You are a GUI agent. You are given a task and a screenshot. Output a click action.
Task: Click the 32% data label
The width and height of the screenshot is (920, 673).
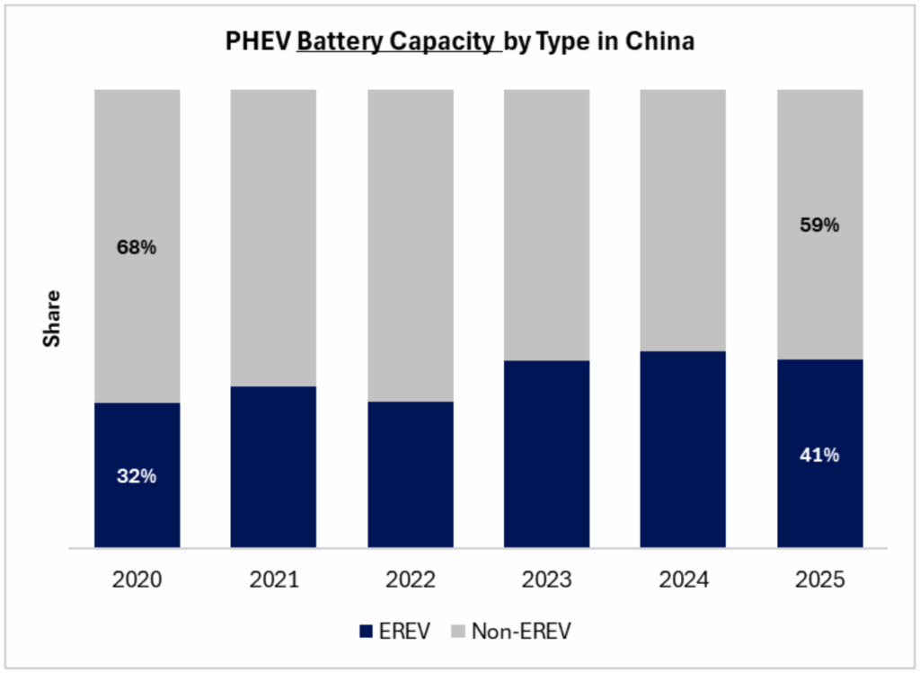pyautogui.click(x=137, y=476)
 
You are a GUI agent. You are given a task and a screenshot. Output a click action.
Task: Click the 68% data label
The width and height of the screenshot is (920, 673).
pyautogui.click(x=137, y=247)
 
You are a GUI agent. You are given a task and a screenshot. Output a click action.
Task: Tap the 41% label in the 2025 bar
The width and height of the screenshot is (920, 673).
pyautogui.click(x=819, y=455)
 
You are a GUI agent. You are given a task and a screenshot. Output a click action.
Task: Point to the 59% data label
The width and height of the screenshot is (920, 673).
pyautogui.click(x=819, y=226)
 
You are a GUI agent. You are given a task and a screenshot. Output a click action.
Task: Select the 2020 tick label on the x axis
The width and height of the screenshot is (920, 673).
pyautogui.click(x=137, y=580)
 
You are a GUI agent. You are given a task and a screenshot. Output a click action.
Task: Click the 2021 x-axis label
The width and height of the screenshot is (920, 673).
pyautogui.click(x=273, y=580)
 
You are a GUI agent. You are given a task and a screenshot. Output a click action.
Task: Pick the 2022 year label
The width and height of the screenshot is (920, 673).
pyautogui.click(x=410, y=580)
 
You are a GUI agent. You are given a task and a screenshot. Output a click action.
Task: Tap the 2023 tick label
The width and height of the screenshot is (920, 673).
pyautogui.click(x=546, y=580)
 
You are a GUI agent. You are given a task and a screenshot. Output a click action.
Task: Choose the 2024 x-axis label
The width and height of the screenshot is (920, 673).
pyautogui.click(x=683, y=580)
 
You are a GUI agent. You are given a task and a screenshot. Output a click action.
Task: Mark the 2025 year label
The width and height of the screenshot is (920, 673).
pyautogui.click(x=819, y=580)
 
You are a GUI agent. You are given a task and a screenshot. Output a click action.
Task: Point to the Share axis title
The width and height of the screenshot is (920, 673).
pyautogui.click(x=52, y=319)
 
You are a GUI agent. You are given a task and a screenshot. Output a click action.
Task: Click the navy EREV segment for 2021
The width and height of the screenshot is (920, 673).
pyautogui.click(x=273, y=466)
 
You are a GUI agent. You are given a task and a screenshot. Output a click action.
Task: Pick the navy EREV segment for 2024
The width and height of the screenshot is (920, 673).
pyautogui.click(x=683, y=448)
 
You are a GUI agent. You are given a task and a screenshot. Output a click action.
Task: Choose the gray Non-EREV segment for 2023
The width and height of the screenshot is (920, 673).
pyautogui.click(x=546, y=225)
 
